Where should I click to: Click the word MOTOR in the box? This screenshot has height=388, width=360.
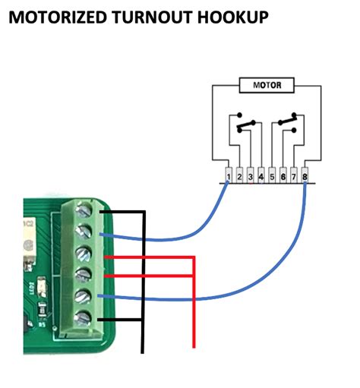point(266,86)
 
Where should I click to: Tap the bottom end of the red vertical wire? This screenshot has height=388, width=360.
point(195,348)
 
